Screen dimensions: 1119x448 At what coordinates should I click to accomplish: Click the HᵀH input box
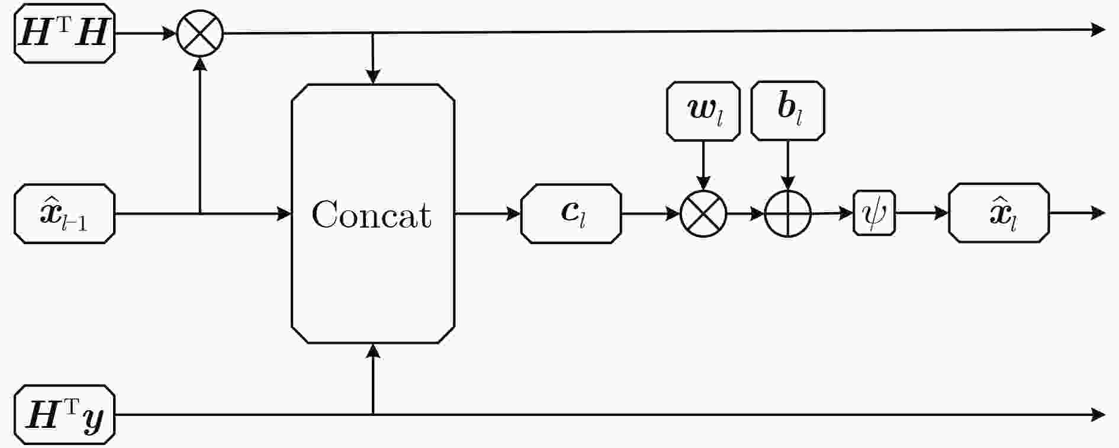click(x=65, y=33)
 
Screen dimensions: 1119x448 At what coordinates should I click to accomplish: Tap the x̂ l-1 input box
click(x=65, y=213)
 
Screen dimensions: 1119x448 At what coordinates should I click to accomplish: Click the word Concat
click(x=372, y=215)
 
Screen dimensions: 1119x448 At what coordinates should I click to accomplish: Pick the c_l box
click(x=571, y=213)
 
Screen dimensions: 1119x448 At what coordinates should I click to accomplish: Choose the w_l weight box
click(x=703, y=111)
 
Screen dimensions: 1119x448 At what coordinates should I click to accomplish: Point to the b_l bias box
click(x=787, y=111)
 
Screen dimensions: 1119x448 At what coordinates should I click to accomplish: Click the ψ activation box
click(x=874, y=213)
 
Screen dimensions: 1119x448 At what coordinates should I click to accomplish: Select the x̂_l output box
click(x=999, y=213)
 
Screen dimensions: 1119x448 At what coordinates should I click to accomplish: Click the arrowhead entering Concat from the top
click(x=373, y=77)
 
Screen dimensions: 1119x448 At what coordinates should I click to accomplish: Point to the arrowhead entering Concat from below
click(x=373, y=351)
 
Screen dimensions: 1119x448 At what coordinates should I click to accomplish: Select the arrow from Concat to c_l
click(x=488, y=213)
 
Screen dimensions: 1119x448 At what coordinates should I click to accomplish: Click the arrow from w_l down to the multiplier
click(x=703, y=165)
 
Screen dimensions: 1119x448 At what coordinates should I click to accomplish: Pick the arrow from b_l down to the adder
click(x=787, y=165)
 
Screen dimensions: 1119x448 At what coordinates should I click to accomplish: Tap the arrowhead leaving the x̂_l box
click(x=1098, y=213)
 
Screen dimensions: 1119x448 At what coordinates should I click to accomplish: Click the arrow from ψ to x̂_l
click(x=922, y=213)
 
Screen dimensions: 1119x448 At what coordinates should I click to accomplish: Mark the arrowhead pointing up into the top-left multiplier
click(x=200, y=64)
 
